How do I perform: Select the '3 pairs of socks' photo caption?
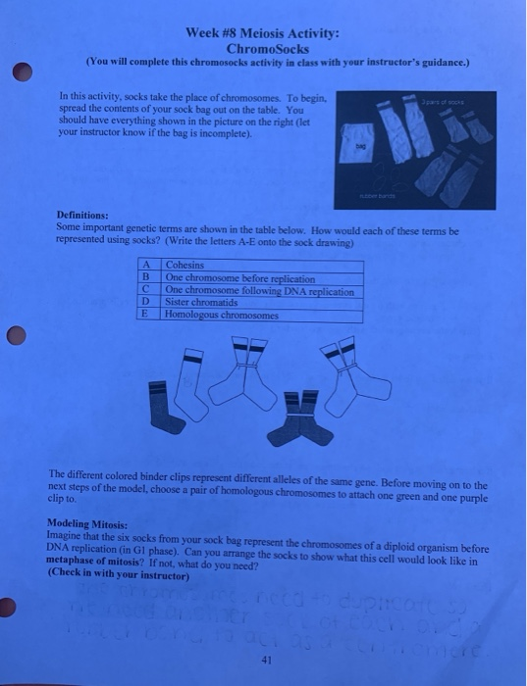[457, 99]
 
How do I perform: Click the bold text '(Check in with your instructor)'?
[105, 572]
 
